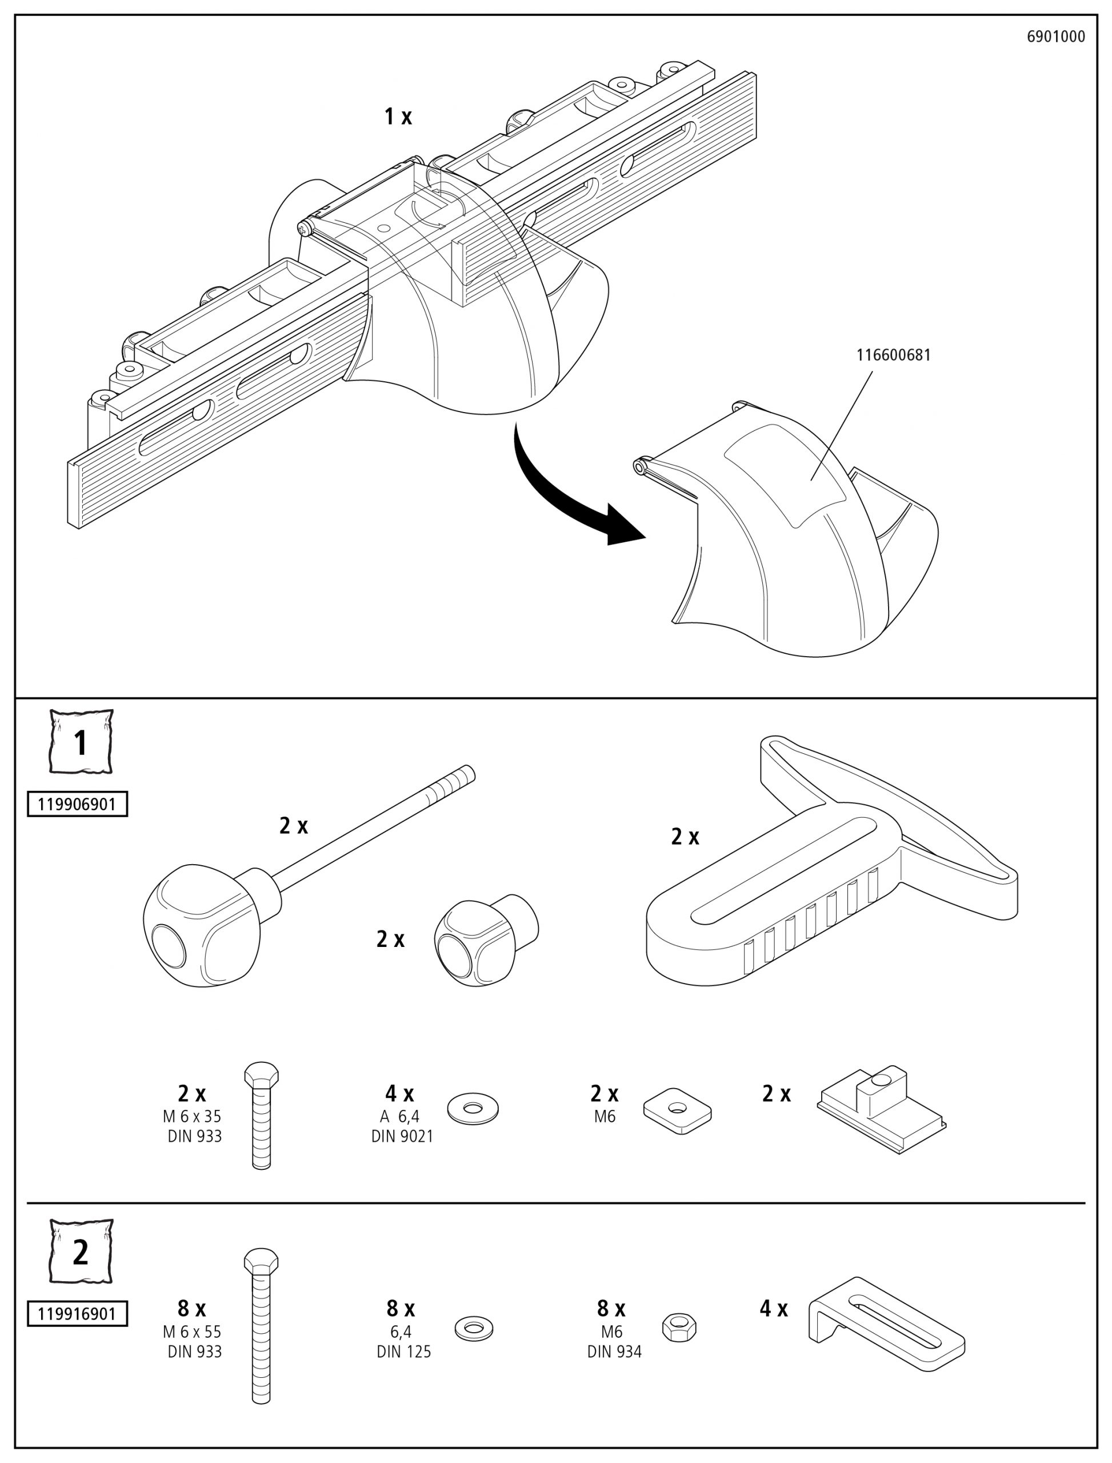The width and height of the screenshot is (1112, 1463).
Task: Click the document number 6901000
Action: point(1056,37)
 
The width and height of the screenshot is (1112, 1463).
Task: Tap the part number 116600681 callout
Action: point(893,355)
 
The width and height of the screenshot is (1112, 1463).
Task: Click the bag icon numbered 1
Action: point(81,741)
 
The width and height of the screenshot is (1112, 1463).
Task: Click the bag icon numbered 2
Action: point(81,1251)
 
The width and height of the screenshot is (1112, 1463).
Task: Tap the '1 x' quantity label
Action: point(398,117)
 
